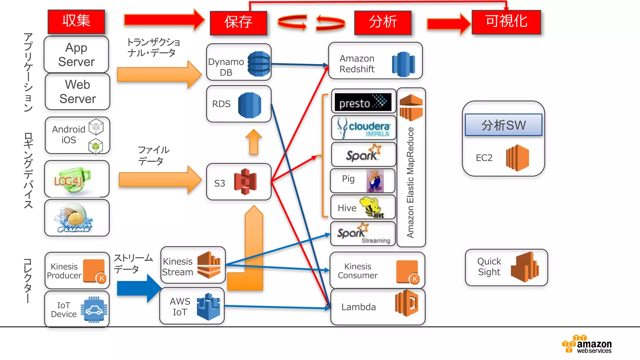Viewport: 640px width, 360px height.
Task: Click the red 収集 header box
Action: pyautogui.click(x=76, y=21)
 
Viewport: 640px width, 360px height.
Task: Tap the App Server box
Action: pyautogui.click(x=76, y=55)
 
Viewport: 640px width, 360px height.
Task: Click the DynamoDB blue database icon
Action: pyautogui.click(x=259, y=64)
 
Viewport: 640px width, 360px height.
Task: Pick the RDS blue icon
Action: pyautogui.click(x=249, y=105)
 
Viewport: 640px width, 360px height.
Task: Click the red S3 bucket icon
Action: pyautogui.click(x=246, y=182)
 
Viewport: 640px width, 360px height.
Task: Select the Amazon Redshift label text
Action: pyautogui.click(x=357, y=64)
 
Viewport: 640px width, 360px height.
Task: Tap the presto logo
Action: pyautogui.click(x=363, y=102)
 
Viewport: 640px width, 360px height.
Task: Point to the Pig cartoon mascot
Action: pyautogui.click(x=375, y=181)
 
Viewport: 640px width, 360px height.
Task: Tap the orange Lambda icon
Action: pyautogui.click(x=407, y=303)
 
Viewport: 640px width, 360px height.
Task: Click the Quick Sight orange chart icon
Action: pyautogui.click(x=525, y=267)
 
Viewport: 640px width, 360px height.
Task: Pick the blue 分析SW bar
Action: pyautogui.click(x=503, y=125)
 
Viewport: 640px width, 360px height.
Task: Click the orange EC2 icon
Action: pyautogui.click(x=517, y=158)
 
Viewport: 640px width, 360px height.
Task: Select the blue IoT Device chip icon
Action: pyautogui.click(x=94, y=310)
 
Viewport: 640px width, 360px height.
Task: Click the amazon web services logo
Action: pyautogui.click(x=587, y=344)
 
